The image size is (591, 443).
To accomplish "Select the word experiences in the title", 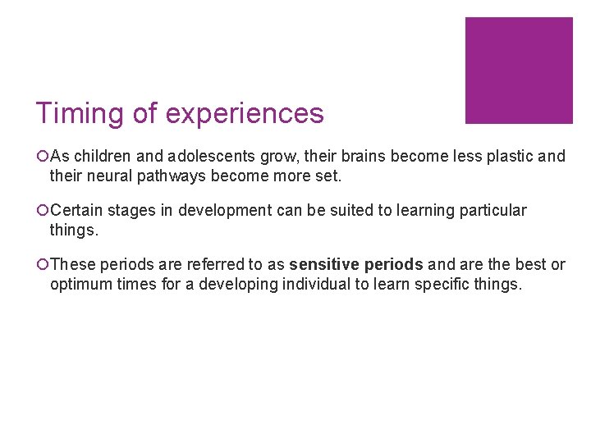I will click(x=245, y=113).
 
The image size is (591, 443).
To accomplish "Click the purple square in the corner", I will click(x=519, y=71).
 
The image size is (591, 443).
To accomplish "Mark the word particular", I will click(x=495, y=211).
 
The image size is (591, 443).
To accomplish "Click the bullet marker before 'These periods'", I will click(x=43, y=265).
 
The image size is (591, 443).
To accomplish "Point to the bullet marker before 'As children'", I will click(x=43, y=156).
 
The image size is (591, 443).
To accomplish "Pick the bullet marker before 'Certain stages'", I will click(x=43, y=211).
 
